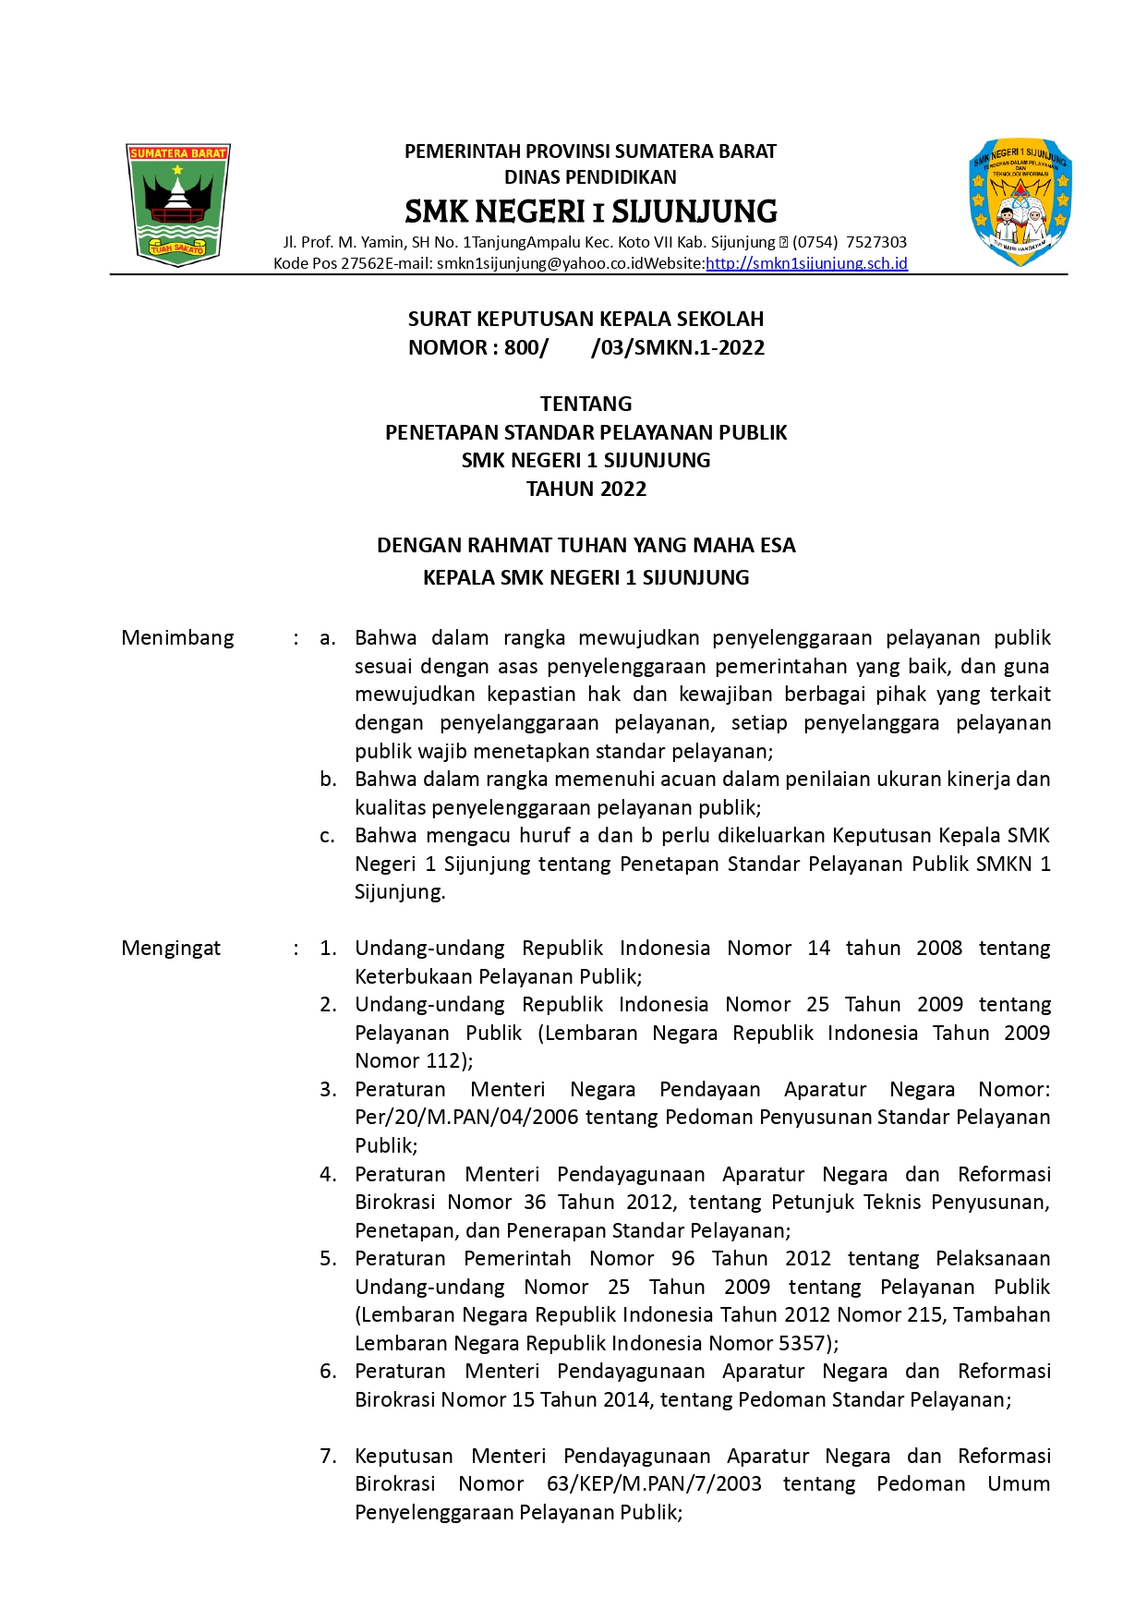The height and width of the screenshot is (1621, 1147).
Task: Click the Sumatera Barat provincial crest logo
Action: click(177, 204)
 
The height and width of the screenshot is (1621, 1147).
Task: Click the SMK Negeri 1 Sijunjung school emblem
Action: click(1020, 202)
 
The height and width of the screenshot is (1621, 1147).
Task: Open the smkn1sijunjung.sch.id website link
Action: click(806, 264)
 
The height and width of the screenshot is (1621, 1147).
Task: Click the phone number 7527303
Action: click(876, 243)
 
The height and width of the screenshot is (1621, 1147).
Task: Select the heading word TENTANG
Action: click(586, 405)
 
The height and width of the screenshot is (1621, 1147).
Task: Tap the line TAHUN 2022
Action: click(586, 490)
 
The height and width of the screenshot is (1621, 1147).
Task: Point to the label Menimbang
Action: click(177, 638)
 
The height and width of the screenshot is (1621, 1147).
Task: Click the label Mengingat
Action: click(171, 949)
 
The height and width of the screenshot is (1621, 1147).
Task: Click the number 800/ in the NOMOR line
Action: click(525, 348)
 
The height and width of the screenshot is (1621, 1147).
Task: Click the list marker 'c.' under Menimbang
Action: click(327, 836)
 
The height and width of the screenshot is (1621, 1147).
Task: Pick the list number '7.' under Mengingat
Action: click(328, 1457)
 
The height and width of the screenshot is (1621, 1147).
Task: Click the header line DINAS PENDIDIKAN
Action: click(590, 177)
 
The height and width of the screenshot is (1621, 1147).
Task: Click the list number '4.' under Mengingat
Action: click(328, 1175)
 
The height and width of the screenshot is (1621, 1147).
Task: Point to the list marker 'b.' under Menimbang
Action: click(328, 780)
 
